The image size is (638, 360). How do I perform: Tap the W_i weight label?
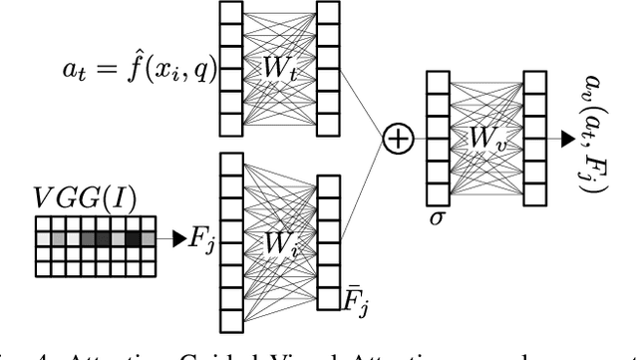tap(281, 242)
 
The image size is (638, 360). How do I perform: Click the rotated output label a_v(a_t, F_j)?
tap(585, 140)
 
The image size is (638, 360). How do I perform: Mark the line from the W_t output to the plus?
tap(364, 106)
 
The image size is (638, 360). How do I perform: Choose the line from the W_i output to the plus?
tap(364, 189)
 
